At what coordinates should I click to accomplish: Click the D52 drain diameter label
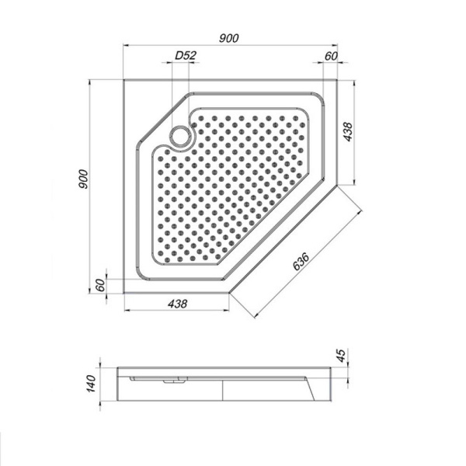tap(184, 55)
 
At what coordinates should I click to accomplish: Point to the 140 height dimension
tap(91, 382)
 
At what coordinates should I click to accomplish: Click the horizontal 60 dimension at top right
tap(330, 55)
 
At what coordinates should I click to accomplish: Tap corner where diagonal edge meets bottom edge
tap(231, 293)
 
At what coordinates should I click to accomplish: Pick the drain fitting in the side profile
tap(175, 381)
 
